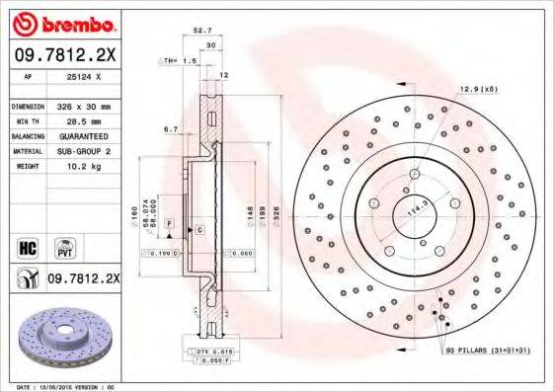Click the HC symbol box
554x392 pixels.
29,243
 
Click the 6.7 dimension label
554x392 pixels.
170,128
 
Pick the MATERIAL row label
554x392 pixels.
26,151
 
